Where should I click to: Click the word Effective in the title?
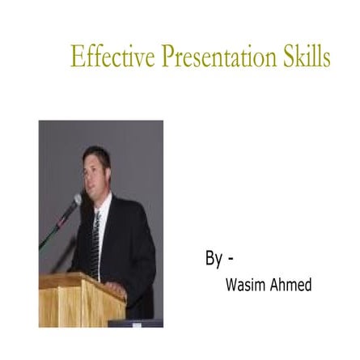coord(112,56)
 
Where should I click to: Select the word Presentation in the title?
coord(218,56)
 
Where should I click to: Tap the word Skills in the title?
coord(307,56)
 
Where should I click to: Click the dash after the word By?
coord(231,260)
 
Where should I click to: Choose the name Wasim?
coord(246,285)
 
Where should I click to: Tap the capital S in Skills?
coord(290,56)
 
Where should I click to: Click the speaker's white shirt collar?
coord(99,205)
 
